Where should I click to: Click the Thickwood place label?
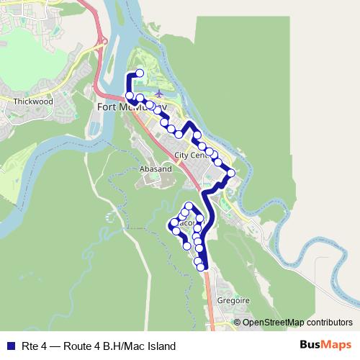[x=33, y=102]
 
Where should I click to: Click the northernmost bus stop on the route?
[x=140, y=73]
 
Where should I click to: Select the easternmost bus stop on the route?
[x=231, y=172]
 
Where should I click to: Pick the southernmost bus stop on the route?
[x=202, y=267]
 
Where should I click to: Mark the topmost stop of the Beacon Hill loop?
[x=189, y=206]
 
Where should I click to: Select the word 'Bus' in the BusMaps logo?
[x=312, y=345]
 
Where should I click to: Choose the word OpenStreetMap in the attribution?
[x=274, y=322]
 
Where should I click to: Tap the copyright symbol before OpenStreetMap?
[x=238, y=322]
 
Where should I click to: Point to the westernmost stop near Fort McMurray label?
[x=129, y=95]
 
